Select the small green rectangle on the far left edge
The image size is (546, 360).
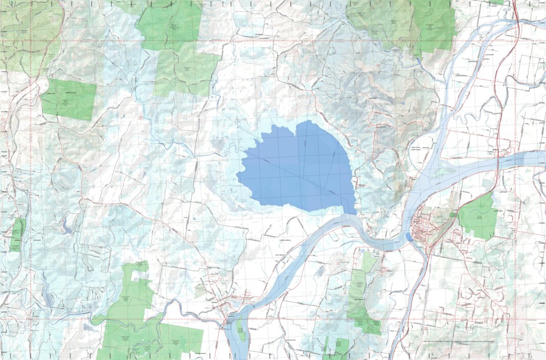[17, 234]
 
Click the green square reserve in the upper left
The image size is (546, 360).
[69, 99]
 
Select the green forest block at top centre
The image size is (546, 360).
[171, 26]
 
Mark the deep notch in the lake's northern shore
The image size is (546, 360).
[295, 128]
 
